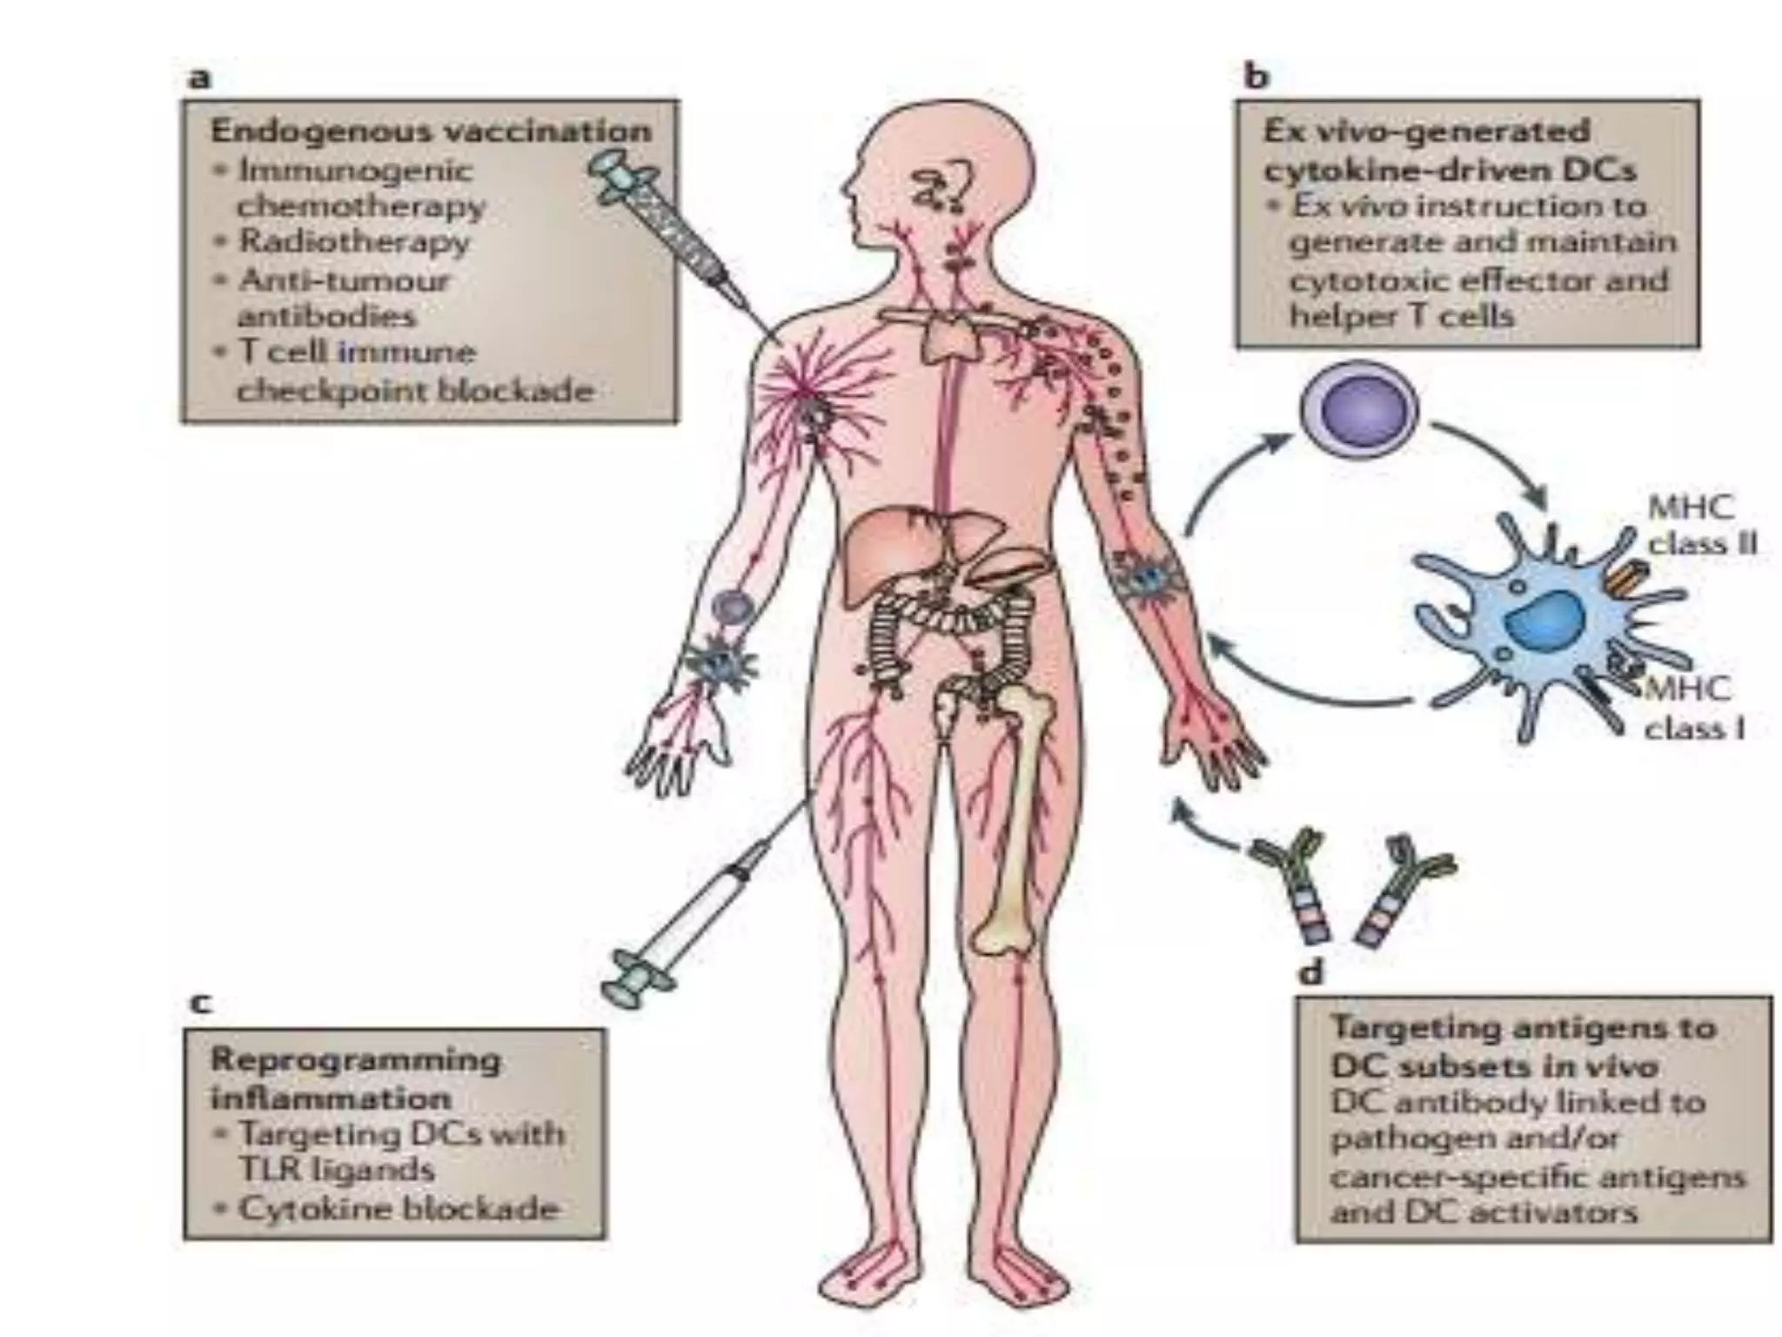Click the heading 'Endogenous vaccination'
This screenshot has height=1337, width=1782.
coord(431,131)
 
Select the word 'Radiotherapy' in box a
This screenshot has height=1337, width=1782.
coord(354,241)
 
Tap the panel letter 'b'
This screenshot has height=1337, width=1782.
coord(1256,78)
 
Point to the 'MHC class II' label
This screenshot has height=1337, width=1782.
coord(1702,526)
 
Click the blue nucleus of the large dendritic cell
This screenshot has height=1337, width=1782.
coord(1542,620)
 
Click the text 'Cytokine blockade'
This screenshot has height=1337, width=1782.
coord(398,1208)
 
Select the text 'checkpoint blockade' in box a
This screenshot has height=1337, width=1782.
coord(415,390)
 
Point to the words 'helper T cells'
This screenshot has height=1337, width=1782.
coord(1401,315)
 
